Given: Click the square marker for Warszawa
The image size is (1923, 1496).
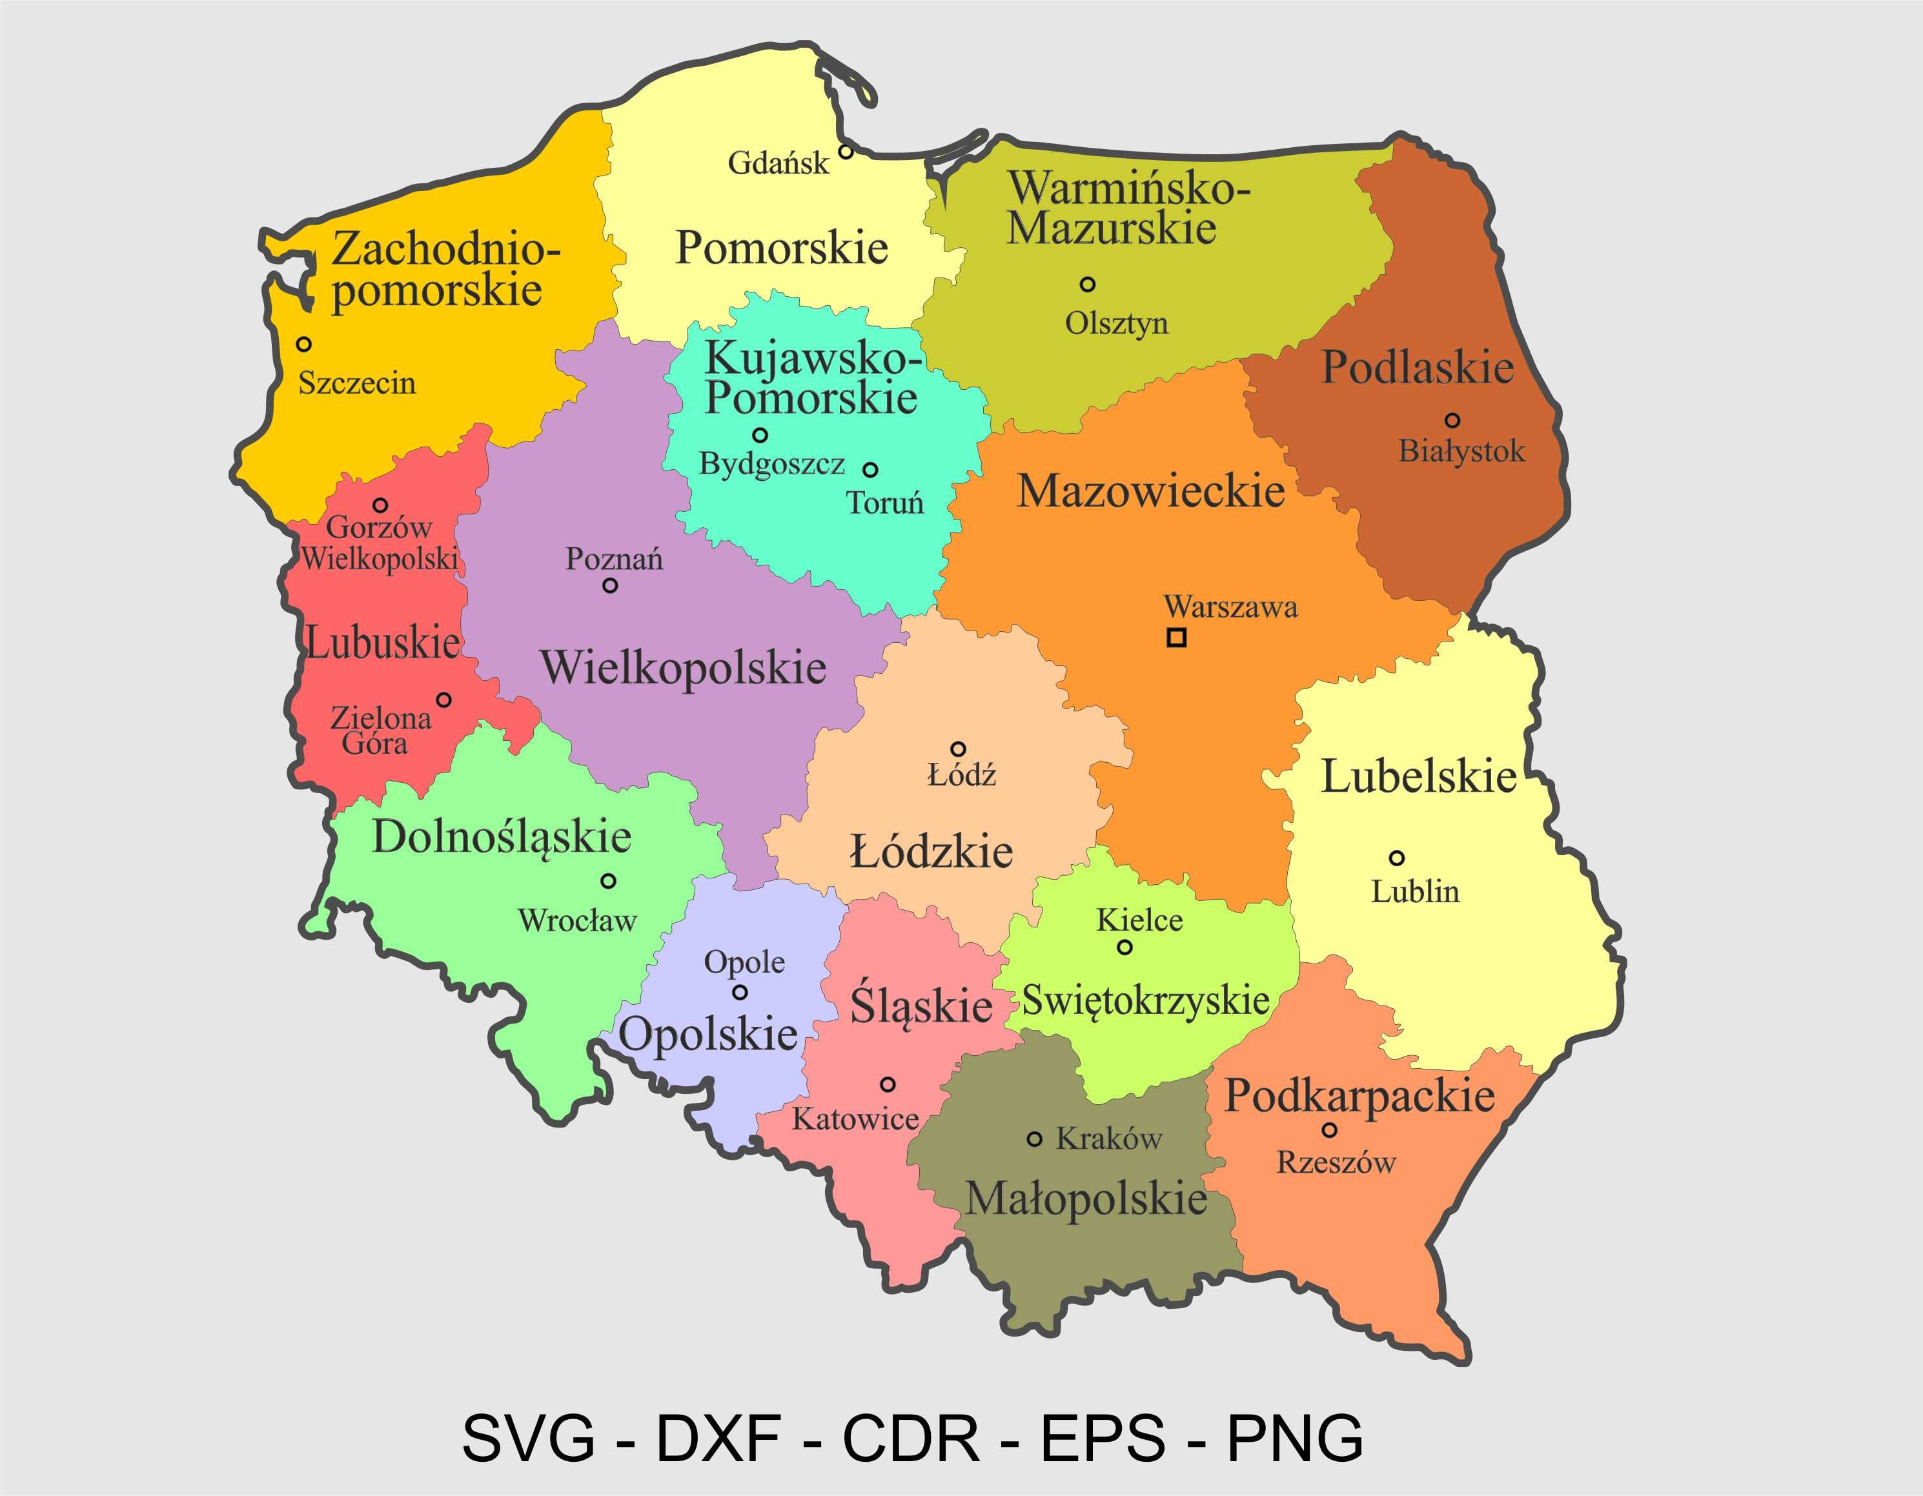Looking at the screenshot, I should point(1176,638).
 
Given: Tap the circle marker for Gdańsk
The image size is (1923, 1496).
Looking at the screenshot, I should point(845,152).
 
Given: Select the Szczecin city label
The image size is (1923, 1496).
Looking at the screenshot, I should point(356,383).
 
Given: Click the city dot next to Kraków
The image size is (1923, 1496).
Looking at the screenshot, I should point(1035,1138).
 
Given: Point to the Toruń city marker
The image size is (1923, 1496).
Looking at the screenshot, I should point(870,469).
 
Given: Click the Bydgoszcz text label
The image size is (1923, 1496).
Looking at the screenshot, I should point(771,463).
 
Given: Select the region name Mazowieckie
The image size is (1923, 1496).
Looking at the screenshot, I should point(1151,490).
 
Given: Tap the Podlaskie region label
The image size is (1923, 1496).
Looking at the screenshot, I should point(1417,367).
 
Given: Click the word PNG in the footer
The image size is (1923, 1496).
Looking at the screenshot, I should point(1295,1438).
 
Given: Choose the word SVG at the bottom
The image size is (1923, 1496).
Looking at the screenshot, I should point(528,1438).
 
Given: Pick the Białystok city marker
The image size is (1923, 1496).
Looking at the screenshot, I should point(1452,420).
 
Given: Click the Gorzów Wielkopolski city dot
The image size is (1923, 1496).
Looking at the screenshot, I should point(380,505).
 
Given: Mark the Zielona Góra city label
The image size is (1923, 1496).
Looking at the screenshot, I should point(380,731).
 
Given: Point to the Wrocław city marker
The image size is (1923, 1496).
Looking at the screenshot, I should point(607,880).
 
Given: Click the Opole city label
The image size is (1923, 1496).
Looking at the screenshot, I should point(744,962).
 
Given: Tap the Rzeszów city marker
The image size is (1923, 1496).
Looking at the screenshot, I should point(1330,1129).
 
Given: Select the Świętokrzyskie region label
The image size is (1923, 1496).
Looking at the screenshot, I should point(1145,1000).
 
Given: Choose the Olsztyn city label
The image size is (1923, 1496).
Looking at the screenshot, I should point(1117,323).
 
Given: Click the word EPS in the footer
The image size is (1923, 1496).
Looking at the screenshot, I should point(1103,1438).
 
